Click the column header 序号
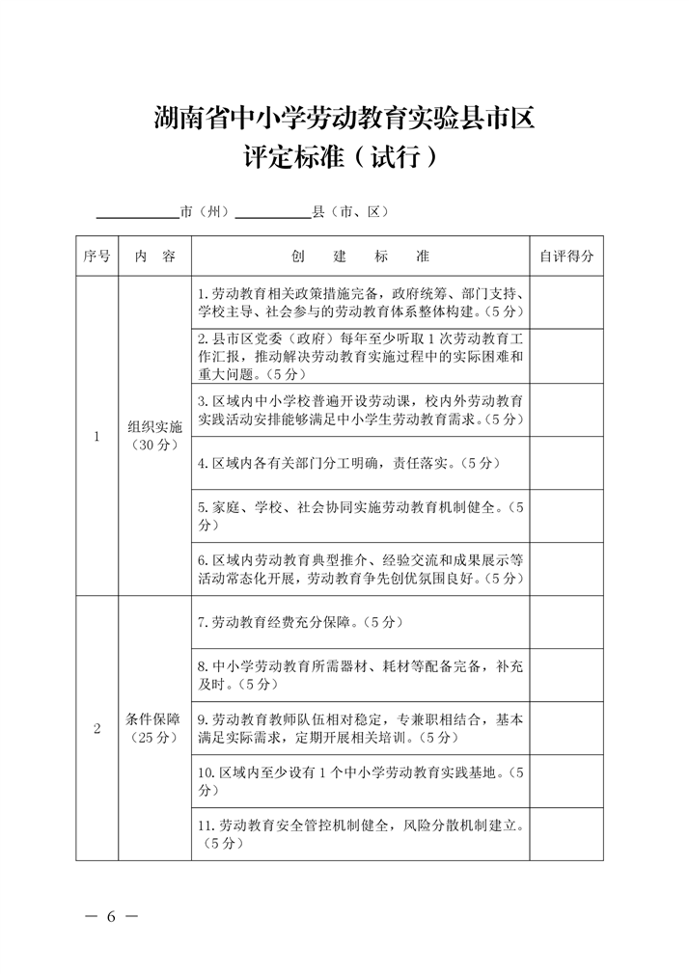point(96,257)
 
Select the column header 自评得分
point(566,257)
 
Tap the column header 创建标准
point(360,257)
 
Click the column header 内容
point(154,257)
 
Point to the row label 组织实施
point(154,426)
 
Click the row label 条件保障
point(154,718)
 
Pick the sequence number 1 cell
point(96,436)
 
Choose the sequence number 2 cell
point(96,728)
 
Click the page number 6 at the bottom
point(111,916)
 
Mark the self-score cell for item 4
point(566,463)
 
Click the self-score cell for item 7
point(566,622)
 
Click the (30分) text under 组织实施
point(154,446)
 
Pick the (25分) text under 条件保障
point(154,738)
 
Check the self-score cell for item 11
point(566,834)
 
